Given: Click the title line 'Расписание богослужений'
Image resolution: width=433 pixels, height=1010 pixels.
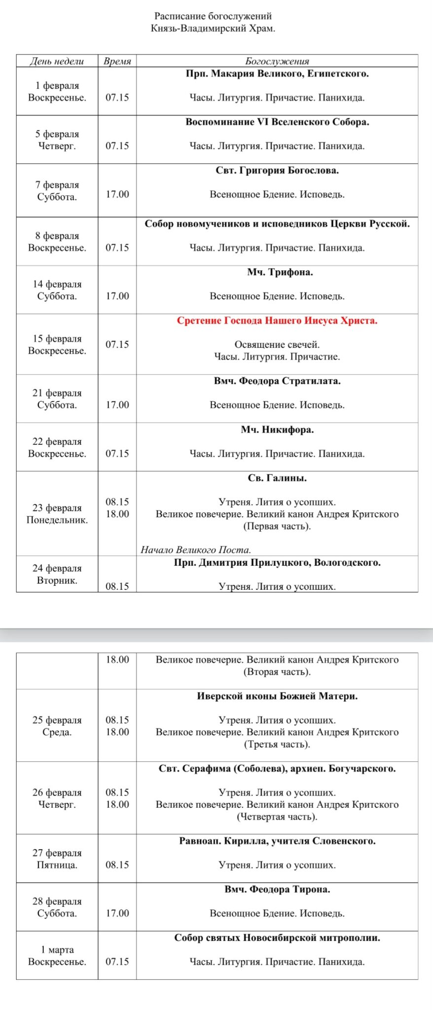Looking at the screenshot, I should pyautogui.click(x=213, y=16).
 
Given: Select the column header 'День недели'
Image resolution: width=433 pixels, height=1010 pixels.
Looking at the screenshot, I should pyautogui.click(x=57, y=61).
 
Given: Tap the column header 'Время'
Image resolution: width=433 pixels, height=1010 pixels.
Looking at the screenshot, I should pyautogui.click(x=117, y=61).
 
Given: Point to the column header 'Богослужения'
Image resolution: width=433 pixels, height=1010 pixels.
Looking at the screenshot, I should pyautogui.click(x=277, y=61).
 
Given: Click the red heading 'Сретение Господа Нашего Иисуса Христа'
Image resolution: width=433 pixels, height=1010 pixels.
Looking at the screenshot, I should pyautogui.click(x=277, y=321).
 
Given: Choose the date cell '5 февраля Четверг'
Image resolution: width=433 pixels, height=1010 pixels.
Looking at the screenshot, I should pyautogui.click(x=57, y=140).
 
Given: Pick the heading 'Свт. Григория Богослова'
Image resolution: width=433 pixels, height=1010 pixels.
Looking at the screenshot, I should pyautogui.click(x=277, y=171).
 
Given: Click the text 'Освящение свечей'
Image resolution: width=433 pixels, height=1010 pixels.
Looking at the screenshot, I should pyautogui.click(x=277, y=345).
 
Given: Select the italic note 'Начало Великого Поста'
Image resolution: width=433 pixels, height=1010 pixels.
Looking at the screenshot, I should pyautogui.click(x=196, y=550).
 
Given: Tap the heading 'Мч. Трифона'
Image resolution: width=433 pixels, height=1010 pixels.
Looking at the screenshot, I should pyautogui.click(x=280, y=272).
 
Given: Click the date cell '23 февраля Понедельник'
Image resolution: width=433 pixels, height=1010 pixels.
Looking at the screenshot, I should pyautogui.click(x=57, y=514).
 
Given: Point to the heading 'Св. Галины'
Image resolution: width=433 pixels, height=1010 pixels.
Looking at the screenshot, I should pyautogui.click(x=277, y=478).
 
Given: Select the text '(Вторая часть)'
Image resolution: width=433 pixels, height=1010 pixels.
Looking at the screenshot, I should pyautogui.click(x=277, y=672).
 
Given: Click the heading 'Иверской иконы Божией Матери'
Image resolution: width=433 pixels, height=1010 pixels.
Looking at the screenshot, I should pyautogui.click(x=277, y=696).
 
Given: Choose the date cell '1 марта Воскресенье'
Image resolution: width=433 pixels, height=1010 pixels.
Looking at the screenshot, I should pyautogui.click(x=57, y=956).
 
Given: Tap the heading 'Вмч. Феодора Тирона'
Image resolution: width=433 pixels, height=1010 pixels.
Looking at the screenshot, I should pyautogui.click(x=277, y=890).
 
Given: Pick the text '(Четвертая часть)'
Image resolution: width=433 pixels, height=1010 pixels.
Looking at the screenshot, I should pyautogui.click(x=277, y=817).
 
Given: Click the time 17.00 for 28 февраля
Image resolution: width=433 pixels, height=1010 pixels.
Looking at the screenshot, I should pyautogui.click(x=117, y=913).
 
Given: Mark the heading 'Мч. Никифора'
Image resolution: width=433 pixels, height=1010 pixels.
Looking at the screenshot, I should pyautogui.click(x=277, y=430).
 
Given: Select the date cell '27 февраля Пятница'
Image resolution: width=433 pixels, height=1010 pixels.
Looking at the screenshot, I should pyautogui.click(x=57, y=859).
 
